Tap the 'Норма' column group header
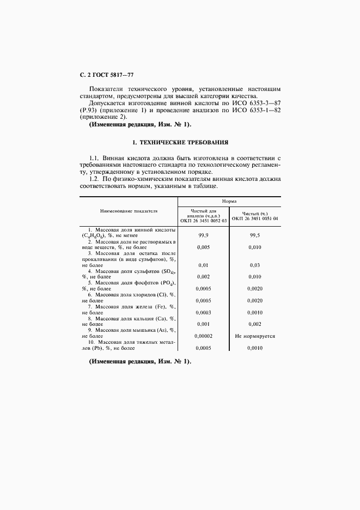coord(229,201)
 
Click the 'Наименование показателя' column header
coord(129,210)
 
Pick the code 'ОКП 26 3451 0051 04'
coord(255,218)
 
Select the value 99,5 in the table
coord(255,235)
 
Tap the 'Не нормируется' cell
coord(255,336)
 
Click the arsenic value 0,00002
coord(203,336)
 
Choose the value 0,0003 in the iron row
coord(203,313)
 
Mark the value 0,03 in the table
coord(255,265)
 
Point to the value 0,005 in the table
coord(203,247)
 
